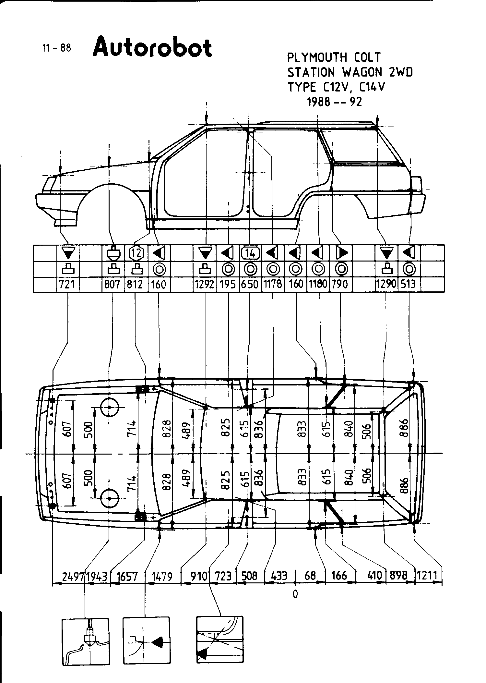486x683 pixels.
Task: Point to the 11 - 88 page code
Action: pos(57,48)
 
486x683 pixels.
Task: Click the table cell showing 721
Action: pos(68,285)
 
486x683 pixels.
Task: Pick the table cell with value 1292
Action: pos(205,285)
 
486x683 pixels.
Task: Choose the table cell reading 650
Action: pos(250,285)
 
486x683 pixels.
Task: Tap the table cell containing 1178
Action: pos(273,285)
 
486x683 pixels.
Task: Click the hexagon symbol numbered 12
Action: pos(136,253)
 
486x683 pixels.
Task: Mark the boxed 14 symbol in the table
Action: pos(250,253)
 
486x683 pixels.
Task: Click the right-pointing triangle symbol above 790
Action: pos(341,253)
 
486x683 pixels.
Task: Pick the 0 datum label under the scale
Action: pos(295,594)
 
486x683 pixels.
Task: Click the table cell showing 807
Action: pos(112,285)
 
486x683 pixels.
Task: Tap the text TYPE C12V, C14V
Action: pos(336,87)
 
